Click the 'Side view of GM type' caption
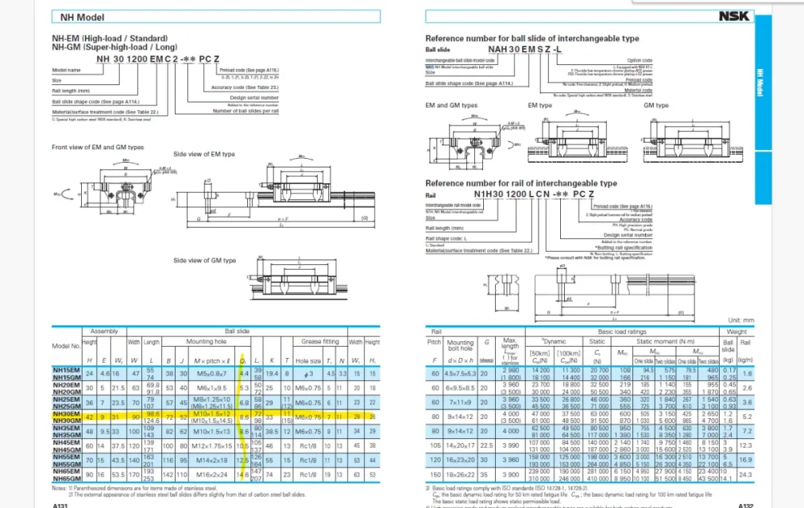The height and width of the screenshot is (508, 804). [x=204, y=260]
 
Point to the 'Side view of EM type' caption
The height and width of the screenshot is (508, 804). [x=204, y=153]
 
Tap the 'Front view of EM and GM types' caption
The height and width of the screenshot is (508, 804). [x=98, y=147]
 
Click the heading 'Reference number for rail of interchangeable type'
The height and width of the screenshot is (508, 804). [x=520, y=183]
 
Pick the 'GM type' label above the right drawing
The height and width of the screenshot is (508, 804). [x=655, y=105]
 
